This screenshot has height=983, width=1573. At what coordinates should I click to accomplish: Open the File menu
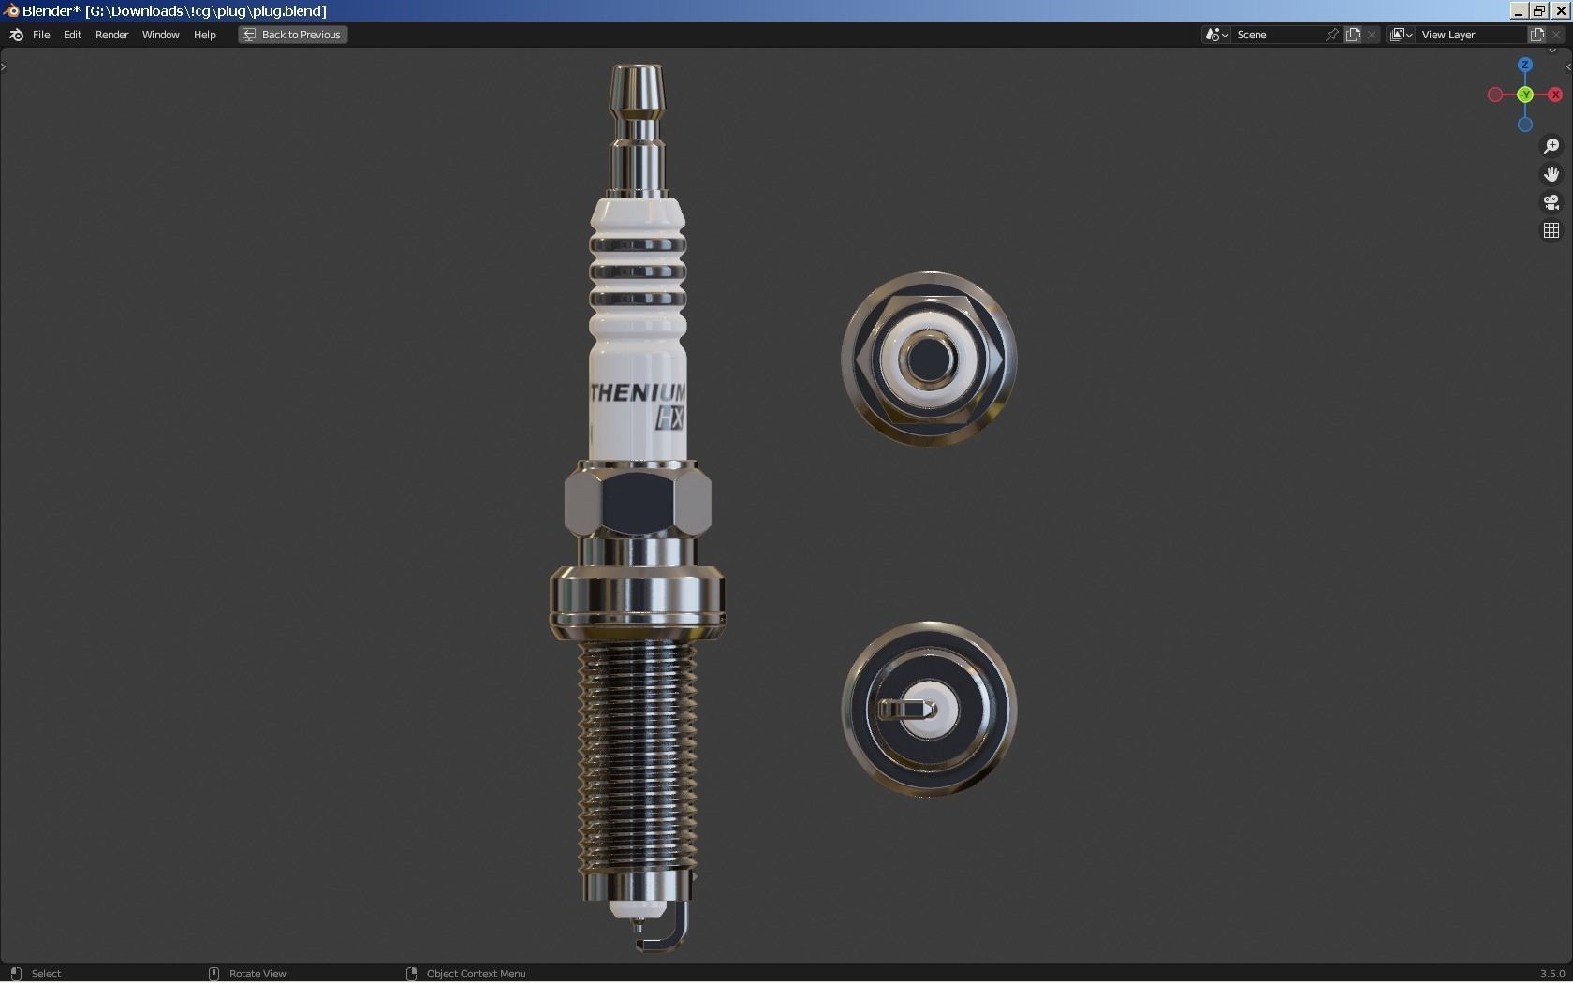(41, 35)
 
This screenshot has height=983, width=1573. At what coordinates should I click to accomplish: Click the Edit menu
(72, 35)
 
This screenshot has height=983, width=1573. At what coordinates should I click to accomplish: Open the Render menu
(111, 35)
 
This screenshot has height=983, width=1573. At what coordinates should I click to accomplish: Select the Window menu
(160, 35)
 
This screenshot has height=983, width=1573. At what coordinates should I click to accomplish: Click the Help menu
(204, 35)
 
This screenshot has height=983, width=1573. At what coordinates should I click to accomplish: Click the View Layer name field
(1470, 35)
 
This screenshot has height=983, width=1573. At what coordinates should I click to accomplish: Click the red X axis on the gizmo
(1555, 95)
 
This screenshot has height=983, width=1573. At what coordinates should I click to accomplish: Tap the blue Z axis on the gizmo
(1525, 65)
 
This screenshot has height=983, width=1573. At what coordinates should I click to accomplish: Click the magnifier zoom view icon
(1551, 146)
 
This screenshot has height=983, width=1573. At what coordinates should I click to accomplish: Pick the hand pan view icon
(1551, 174)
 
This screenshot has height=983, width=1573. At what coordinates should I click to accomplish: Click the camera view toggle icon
(1551, 202)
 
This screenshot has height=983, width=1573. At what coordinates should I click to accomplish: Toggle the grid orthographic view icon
(1551, 230)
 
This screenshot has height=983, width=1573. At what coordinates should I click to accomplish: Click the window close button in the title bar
(1561, 10)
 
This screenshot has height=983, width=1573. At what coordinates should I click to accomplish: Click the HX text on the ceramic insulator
(669, 418)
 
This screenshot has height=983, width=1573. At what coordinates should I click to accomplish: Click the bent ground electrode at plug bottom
(676, 927)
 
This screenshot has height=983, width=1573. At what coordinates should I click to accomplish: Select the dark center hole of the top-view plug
(929, 359)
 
